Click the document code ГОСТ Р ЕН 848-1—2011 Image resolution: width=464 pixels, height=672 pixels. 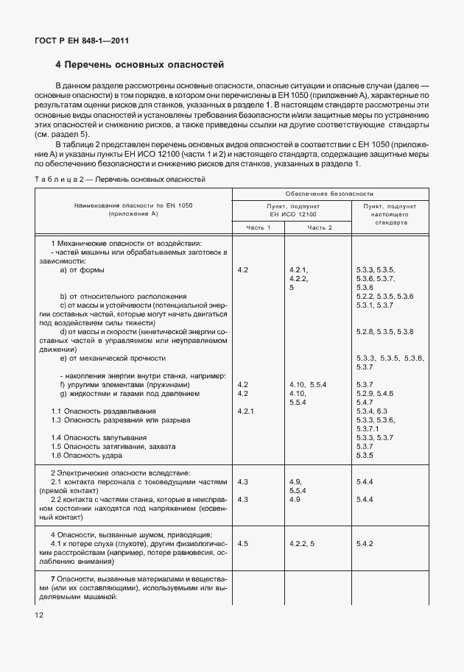pos(77,41)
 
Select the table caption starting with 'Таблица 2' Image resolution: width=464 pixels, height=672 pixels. pos(120,179)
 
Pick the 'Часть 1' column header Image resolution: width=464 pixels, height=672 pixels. pos(259,227)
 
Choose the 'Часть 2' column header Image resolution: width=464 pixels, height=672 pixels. pos(320,227)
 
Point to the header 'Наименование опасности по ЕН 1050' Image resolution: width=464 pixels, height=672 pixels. pos(133,206)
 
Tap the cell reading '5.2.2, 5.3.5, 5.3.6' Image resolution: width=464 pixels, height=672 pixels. pos(384,296)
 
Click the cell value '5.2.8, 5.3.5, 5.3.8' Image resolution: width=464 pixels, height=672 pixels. pos(384,332)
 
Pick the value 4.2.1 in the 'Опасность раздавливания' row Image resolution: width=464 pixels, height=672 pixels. pos(246,411)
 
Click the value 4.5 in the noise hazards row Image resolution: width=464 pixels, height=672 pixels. pos(243,542)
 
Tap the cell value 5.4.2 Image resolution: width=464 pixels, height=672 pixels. pos(366,542)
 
